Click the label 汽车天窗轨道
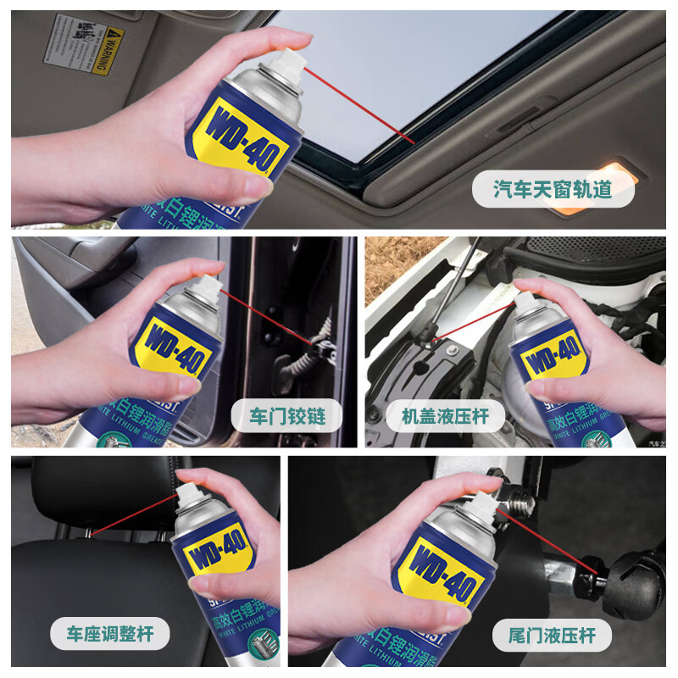point(553,189)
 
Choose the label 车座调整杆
point(108,634)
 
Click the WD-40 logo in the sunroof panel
point(240,130)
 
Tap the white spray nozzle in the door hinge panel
point(206,282)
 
